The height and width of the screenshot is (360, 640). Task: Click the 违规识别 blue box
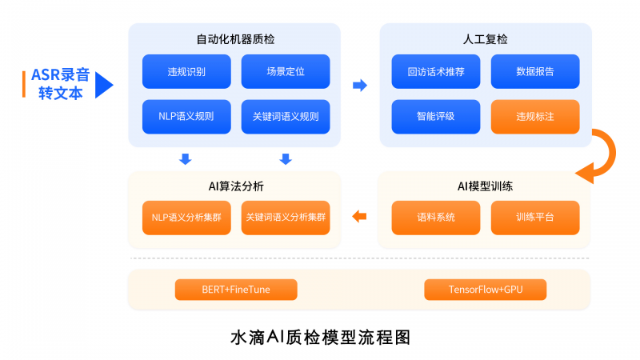[186, 71]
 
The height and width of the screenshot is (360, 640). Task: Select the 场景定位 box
[286, 71]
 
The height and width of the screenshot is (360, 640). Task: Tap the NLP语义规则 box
[186, 117]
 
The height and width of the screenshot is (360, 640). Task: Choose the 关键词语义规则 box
[286, 117]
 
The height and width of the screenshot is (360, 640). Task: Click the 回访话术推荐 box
[436, 71]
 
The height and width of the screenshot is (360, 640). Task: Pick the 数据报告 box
[535, 71]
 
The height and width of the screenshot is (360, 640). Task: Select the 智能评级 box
[436, 117]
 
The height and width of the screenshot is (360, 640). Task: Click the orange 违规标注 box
[535, 117]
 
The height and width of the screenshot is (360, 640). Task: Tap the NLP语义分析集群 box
[186, 218]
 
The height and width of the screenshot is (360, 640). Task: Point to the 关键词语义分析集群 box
[286, 218]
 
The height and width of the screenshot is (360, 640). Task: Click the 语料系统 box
[436, 218]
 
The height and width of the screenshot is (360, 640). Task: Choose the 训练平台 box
[535, 218]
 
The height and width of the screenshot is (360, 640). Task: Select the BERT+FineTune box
[236, 290]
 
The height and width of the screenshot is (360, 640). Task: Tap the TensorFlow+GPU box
[486, 290]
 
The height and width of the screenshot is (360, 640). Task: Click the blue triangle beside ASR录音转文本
[103, 85]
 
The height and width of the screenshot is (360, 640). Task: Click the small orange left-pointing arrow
[359, 216]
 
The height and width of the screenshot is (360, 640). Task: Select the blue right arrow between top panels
[360, 86]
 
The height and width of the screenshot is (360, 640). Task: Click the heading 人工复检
[486, 39]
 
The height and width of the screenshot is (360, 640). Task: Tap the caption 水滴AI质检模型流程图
[321, 338]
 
